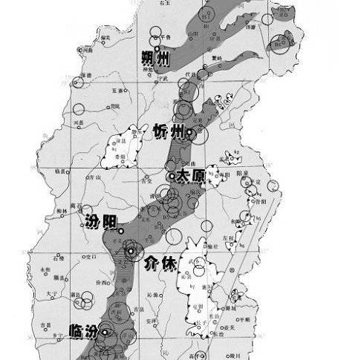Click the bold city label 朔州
pos(157,56)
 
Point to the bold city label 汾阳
pos(101,222)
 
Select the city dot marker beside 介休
pos(131,252)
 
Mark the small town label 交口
pos(93,257)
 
